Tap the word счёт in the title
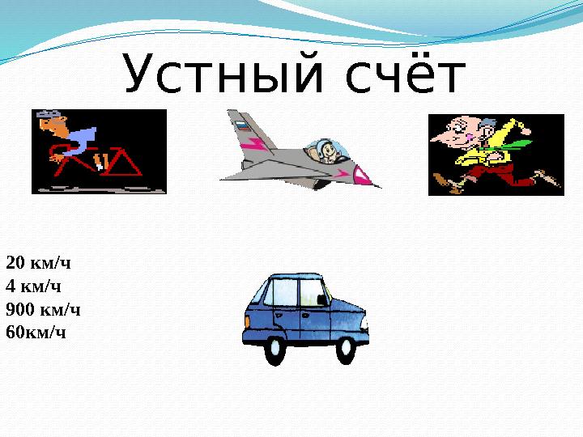click(x=406, y=74)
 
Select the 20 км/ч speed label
click(x=38, y=263)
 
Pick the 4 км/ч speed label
click(x=33, y=286)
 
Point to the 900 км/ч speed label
click(x=43, y=309)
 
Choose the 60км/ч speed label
click(x=36, y=333)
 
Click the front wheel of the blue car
click(x=346, y=350)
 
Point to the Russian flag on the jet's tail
click(x=242, y=125)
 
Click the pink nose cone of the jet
click(x=364, y=176)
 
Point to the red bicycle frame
click(x=97, y=163)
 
